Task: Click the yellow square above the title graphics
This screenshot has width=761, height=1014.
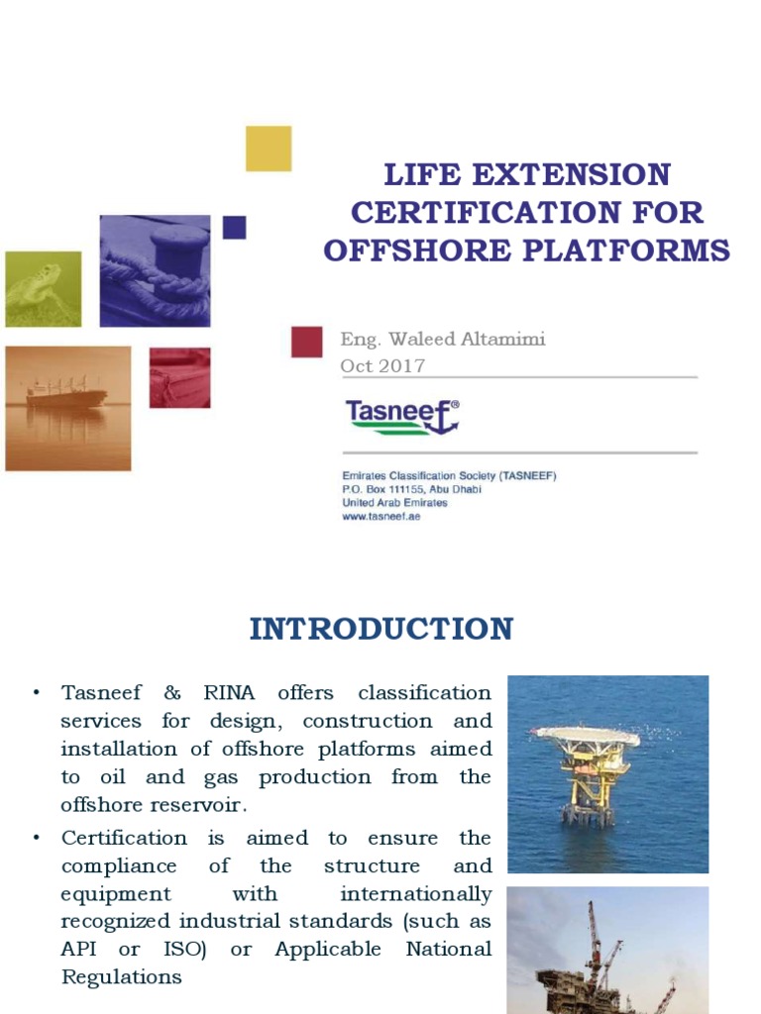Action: point(269,149)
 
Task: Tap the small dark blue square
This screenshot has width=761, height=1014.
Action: point(234,228)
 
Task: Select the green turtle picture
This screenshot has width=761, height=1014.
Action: point(43,288)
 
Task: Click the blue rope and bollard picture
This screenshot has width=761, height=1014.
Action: point(155,270)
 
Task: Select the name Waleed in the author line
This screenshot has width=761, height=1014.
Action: point(433,340)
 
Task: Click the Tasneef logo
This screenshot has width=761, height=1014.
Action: point(401,417)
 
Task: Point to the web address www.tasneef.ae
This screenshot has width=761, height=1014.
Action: point(381,516)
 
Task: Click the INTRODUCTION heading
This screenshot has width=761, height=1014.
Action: point(381,629)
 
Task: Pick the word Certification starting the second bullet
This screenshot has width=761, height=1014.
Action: point(124,838)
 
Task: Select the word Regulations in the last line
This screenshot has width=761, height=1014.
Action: point(122,976)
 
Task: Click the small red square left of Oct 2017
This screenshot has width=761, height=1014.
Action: point(307,342)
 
